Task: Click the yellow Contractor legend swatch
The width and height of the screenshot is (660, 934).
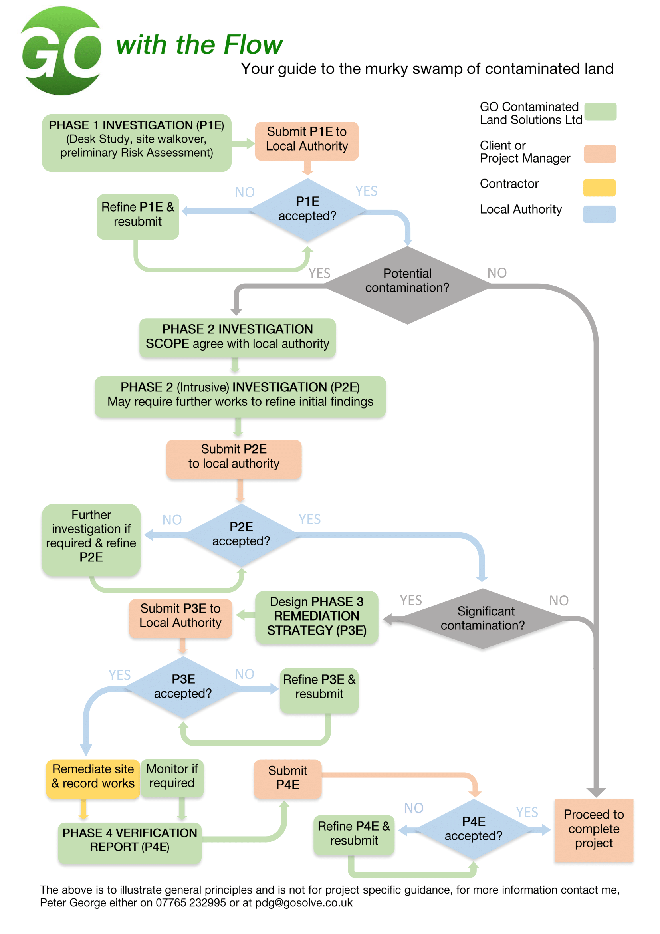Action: pos(599,188)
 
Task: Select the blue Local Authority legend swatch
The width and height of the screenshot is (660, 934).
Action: pos(599,214)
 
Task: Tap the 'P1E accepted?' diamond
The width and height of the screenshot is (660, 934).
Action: pos(307,209)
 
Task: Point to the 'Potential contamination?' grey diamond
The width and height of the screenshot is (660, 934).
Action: pos(407,284)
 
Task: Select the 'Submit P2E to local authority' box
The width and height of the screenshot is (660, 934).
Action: pos(234,459)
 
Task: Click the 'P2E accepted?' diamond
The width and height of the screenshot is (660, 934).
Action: pos(241,535)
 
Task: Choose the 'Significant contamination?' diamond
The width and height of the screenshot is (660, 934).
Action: pos(483,618)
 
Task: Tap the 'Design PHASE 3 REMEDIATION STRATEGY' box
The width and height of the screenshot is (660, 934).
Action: pos(316,617)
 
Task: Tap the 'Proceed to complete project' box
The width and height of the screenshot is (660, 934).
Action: pos(593,830)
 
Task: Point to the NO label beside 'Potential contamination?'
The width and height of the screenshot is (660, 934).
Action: pos(497,273)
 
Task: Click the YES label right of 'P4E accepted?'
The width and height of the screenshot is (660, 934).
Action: pos(527,813)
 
